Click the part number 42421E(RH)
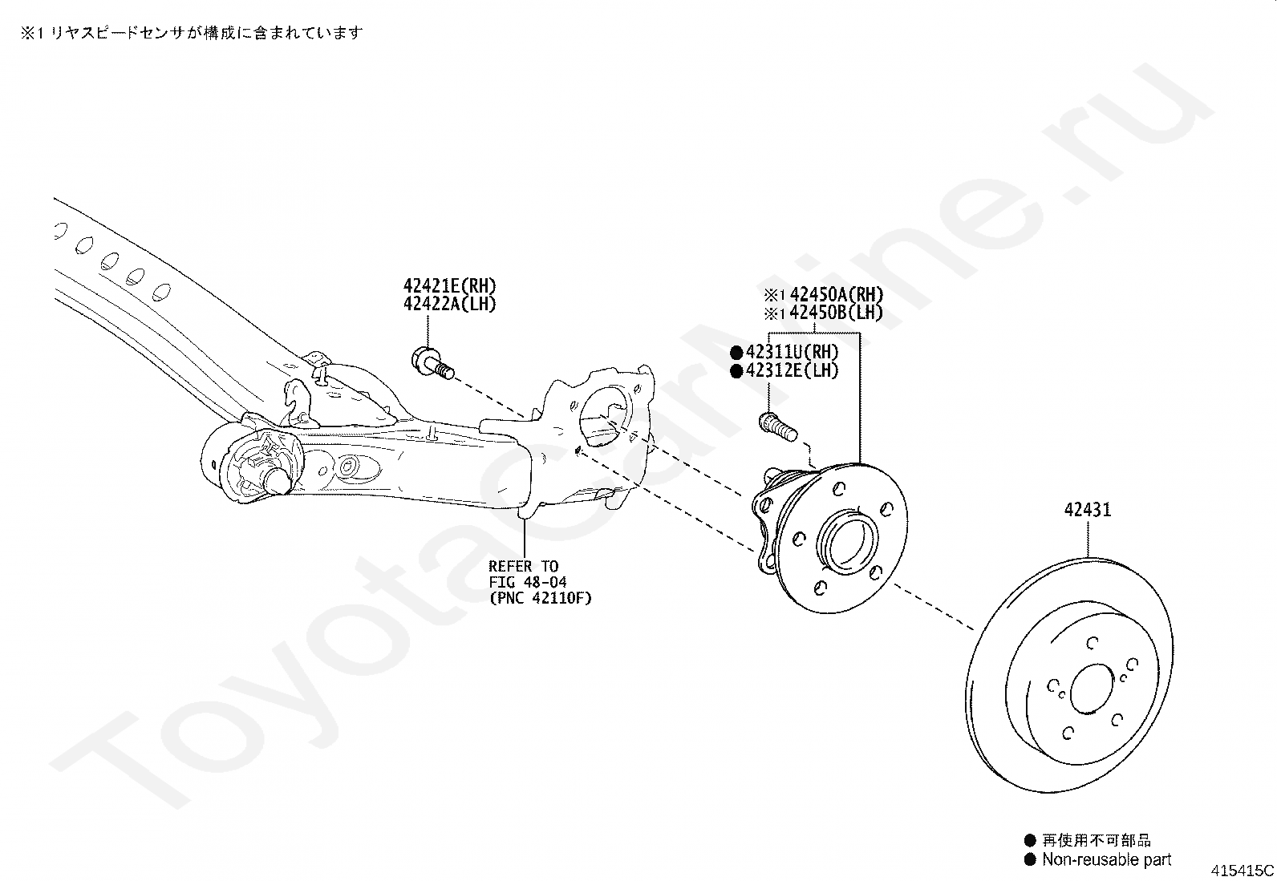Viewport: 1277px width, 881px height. coord(449,286)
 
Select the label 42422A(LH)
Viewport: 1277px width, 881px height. coord(449,305)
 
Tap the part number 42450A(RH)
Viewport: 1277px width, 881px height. coord(836,294)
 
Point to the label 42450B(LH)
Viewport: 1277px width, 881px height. coord(836,313)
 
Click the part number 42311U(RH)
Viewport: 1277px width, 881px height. coord(792,352)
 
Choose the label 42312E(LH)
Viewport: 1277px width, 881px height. coord(792,370)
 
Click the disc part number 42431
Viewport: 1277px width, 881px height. coord(1088,510)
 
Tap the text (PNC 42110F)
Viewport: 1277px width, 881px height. coord(540,598)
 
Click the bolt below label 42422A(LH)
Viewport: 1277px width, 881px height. coord(432,362)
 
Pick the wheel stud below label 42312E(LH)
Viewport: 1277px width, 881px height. coord(776,426)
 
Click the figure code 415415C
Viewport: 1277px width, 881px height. coord(1243,871)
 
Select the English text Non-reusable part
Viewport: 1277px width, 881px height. coord(1106,860)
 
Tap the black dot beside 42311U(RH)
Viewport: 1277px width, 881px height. coord(736,353)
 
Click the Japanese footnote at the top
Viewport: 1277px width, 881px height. coord(191,33)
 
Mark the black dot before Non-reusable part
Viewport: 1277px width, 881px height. coord(1030,860)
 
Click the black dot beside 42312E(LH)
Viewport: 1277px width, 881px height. coord(736,371)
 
